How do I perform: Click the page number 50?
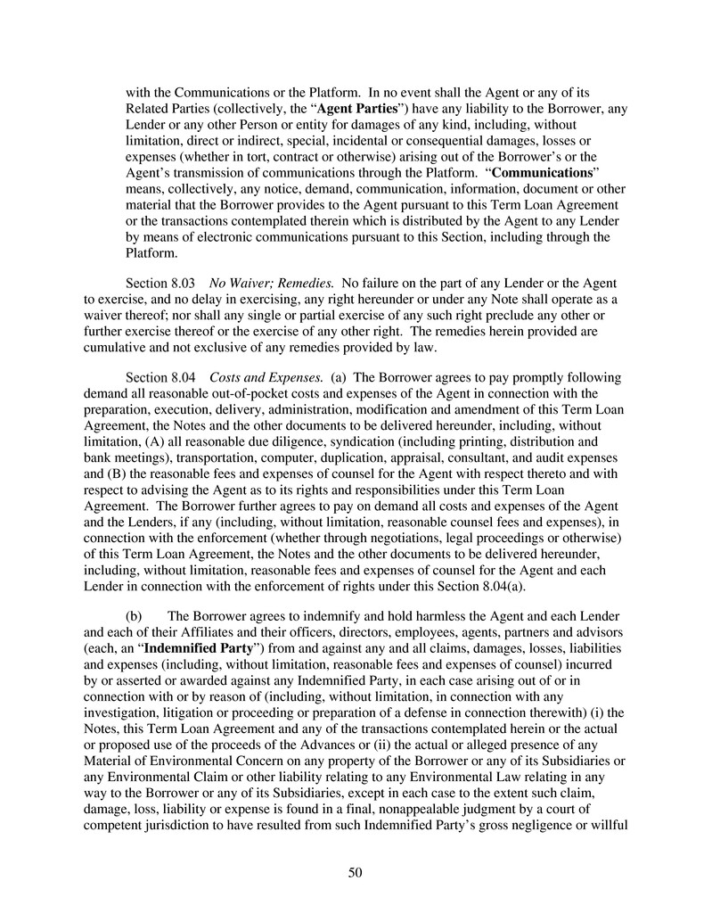click(x=356, y=872)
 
